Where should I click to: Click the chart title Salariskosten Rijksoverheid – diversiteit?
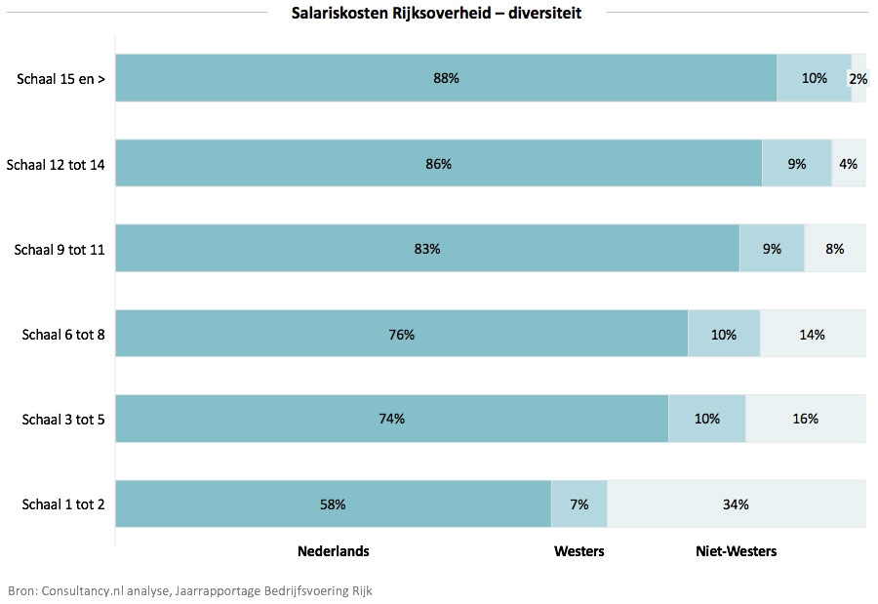click(x=436, y=12)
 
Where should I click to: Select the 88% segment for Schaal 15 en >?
click(x=446, y=78)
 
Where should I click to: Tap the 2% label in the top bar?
click(x=858, y=78)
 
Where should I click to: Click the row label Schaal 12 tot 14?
click(x=56, y=164)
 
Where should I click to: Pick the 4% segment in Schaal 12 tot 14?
click(x=848, y=164)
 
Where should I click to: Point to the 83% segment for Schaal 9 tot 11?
click(x=427, y=249)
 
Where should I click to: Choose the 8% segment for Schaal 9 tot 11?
click(x=834, y=249)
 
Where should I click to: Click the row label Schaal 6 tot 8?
click(x=63, y=335)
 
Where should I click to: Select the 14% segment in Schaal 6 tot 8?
click(x=812, y=335)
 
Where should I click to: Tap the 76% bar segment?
click(x=401, y=335)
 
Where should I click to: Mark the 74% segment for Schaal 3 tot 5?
click(x=392, y=419)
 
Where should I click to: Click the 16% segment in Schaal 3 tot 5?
click(x=805, y=419)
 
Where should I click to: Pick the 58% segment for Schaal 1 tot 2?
click(x=333, y=504)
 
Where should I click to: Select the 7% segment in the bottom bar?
click(x=579, y=504)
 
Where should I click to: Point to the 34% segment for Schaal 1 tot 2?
click(x=736, y=504)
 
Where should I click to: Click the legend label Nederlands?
click(x=333, y=551)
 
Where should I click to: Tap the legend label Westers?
click(x=579, y=551)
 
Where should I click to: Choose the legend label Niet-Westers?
click(x=736, y=551)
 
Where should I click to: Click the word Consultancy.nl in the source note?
click(x=81, y=590)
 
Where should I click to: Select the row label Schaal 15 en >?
click(x=60, y=79)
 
